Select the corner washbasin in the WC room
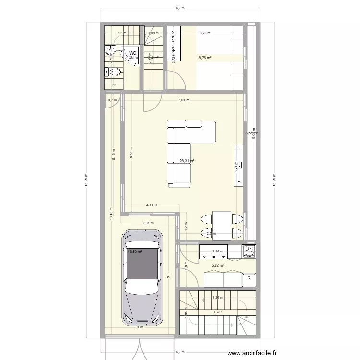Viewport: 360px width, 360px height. click(110, 51)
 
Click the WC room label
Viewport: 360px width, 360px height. click(132, 53)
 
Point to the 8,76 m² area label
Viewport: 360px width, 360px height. click(205, 58)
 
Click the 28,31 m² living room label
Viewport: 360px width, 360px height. click(187, 162)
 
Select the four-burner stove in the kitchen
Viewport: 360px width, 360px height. click(249, 251)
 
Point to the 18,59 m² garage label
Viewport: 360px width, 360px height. click(135, 251)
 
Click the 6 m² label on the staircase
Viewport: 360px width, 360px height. click(217, 312)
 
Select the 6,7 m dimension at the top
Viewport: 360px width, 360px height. click(180, 8)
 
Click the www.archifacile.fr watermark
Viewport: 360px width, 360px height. click(258, 354)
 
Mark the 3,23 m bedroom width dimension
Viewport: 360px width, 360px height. click(205, 33)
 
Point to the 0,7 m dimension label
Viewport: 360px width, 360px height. click(112, 100)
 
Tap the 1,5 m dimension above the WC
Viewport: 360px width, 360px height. click(122, 33)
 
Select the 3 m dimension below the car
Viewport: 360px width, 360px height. click(140, 328)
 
